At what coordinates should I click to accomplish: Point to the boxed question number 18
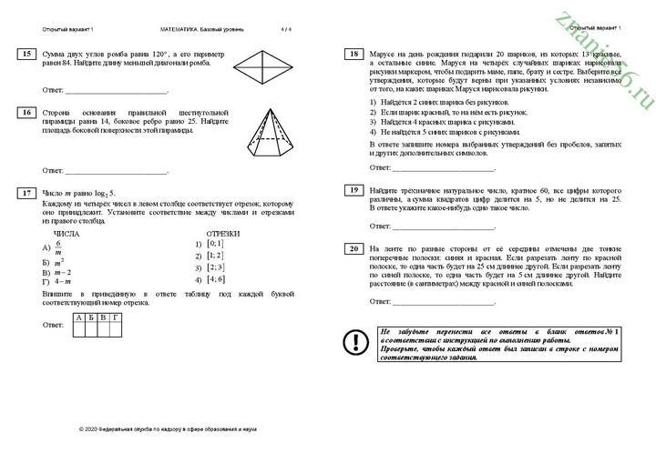point(352,55)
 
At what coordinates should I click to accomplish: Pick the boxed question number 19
point(352,189)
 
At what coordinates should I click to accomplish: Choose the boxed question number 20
point(352,248)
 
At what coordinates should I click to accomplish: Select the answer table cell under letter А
point(79,328)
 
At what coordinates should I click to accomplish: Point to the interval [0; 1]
point(214,244)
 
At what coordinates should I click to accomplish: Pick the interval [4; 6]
point(214,279)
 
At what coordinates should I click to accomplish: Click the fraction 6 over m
point(57,248)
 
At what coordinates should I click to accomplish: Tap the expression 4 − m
point(61,281)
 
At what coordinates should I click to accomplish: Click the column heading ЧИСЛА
point(67,234)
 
